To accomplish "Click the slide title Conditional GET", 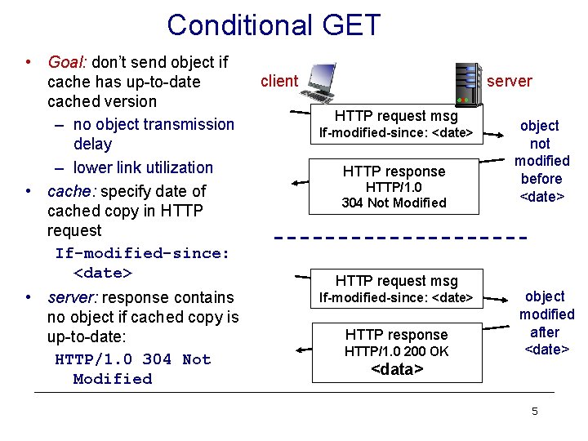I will pos(274,25).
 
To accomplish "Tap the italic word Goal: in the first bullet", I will pos(69,62).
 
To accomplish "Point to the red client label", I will pos(278,80).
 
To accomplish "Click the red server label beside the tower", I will pos(509,81).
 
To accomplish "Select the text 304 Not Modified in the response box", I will pos(394,203).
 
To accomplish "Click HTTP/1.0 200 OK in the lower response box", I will pos(396,351).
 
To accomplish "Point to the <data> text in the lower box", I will pos(396,369).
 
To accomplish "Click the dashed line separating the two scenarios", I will pos(398,238).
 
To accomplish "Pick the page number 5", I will pos(534,411).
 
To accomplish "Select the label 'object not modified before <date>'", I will pos(541,161).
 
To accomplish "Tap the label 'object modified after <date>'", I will pos(546,323).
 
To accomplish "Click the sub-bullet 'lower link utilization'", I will pos(142,167).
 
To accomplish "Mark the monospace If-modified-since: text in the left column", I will pos(142,253).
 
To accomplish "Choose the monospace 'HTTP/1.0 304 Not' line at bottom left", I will pos(132,359).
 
